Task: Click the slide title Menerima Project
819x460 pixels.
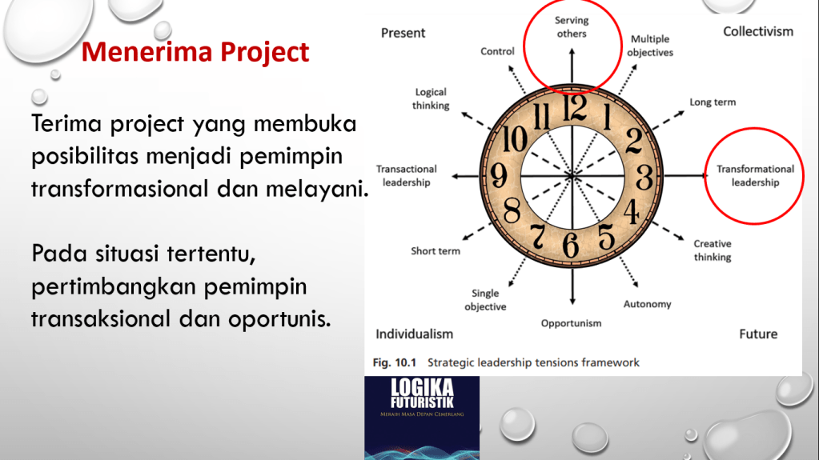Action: [195, 52]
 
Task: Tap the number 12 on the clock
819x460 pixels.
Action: [575, 109]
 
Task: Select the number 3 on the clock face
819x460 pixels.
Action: [644, 178]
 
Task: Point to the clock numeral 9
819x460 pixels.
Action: [500, 175]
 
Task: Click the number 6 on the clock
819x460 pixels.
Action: [571, 245]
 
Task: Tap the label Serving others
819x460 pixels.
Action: [572, 27]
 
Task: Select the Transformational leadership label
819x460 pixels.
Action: [755, 175]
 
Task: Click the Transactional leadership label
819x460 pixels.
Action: [407, 175]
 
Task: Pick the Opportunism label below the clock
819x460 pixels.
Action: [571, 323]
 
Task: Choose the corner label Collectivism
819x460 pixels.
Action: [758, 31]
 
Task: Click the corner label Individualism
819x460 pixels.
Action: [414, 334]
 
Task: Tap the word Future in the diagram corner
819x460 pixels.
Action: [758, 334]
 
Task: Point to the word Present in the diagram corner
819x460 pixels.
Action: [403, 33]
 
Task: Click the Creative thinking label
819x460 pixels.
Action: [713, 250]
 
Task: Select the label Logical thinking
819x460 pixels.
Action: [431, 98]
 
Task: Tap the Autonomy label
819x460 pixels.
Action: [647, 304]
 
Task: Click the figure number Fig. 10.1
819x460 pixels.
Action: [395, 362]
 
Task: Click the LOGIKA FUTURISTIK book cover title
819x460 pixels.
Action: [422, 394]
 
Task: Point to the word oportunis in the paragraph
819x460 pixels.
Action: [279, 318]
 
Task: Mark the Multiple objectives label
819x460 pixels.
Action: [650, 46]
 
